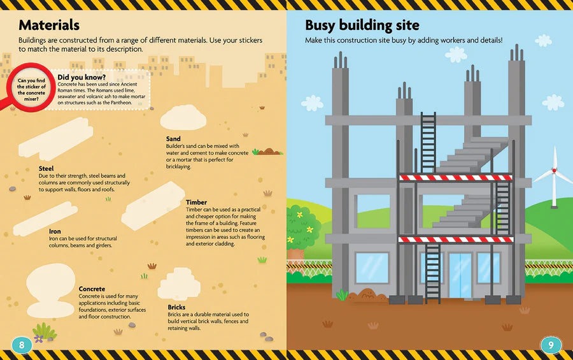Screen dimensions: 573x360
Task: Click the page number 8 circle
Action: click(22, 345)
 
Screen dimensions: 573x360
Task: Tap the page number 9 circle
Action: click(551, 345)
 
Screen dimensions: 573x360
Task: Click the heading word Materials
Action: click(49, 25)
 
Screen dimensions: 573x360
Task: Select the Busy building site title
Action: click(362, 25)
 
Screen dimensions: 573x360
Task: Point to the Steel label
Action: click(46, 169)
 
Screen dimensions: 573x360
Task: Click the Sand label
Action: click(173, 139)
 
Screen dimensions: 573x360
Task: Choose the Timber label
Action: click(196, 203)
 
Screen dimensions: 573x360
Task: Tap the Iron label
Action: click(55, 231)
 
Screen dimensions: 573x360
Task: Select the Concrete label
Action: click(92, 289)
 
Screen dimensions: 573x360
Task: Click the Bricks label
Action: click(176, 307)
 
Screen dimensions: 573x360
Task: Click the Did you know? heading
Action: click(81, 77)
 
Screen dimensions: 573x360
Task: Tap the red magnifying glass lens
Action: click(31, 88)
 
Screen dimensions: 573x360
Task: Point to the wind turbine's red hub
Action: click(555, 171)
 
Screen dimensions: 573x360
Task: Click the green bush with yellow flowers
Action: click(302, 227)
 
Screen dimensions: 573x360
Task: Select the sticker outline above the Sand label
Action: click(183, 117)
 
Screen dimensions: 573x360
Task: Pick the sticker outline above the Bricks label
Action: click(179, 284)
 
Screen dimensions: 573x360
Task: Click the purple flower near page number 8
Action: click(38, 339)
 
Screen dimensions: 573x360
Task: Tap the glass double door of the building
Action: click(460, 275)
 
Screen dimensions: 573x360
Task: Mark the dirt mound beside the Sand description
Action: click(269, 151)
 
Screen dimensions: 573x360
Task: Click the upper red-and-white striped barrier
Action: click(455, 178)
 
